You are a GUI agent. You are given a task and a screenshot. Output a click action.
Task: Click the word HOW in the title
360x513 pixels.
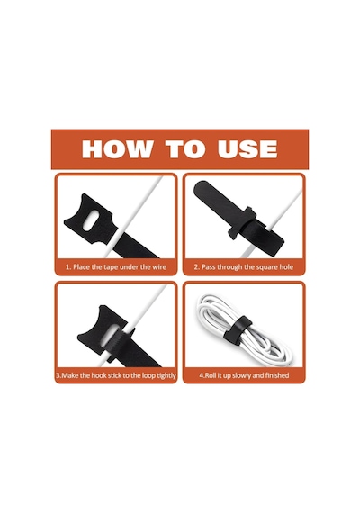117,148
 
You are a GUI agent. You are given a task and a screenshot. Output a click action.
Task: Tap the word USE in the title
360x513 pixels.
247,148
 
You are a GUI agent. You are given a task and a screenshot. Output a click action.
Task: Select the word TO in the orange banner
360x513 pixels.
185,148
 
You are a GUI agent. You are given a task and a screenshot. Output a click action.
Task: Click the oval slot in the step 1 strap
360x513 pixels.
92,220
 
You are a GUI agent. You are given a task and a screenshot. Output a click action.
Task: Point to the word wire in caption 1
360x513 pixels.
159,267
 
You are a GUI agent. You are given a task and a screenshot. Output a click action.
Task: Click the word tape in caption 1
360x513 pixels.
111,267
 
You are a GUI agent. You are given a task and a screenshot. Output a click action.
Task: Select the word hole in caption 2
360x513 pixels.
286,267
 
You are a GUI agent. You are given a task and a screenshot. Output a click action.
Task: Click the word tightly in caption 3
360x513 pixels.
166,375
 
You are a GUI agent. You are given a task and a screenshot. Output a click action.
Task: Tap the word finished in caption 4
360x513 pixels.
277,375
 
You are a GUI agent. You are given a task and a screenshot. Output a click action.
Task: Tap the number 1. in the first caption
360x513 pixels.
68,267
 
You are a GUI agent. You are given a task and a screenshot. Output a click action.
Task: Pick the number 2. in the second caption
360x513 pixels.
197,267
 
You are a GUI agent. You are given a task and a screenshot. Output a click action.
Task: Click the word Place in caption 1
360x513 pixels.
82,267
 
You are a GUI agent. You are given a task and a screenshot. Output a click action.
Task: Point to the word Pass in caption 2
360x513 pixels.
208,267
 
